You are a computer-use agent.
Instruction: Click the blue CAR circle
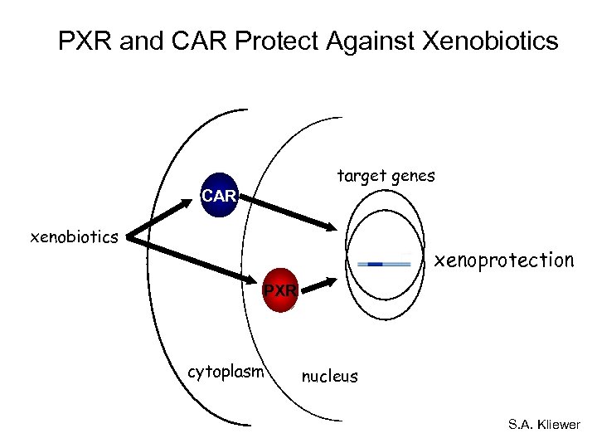pyautogui.click(x=220, y=196)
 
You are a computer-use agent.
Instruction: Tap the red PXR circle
pyautogui.click(x=279, y=291)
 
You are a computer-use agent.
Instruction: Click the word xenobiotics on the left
pyautogui.click(x=74, y=238)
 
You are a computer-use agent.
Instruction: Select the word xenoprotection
pyautogui.click(x=503, y=261)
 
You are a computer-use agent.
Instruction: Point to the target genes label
pyautogui.click(x=386, y=176)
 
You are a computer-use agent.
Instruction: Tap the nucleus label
pyautogui.click(x=329, y=377)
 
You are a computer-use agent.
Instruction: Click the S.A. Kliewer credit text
pyautogui.click(x=544, y=425)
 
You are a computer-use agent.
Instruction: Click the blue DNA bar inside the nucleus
pyautogui.click(x=383, y=264)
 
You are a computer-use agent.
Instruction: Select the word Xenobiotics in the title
pyautogui.click(x=490, y=41)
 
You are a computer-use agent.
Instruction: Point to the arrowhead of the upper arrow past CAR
pyautogui.click(x=331, y=226)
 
